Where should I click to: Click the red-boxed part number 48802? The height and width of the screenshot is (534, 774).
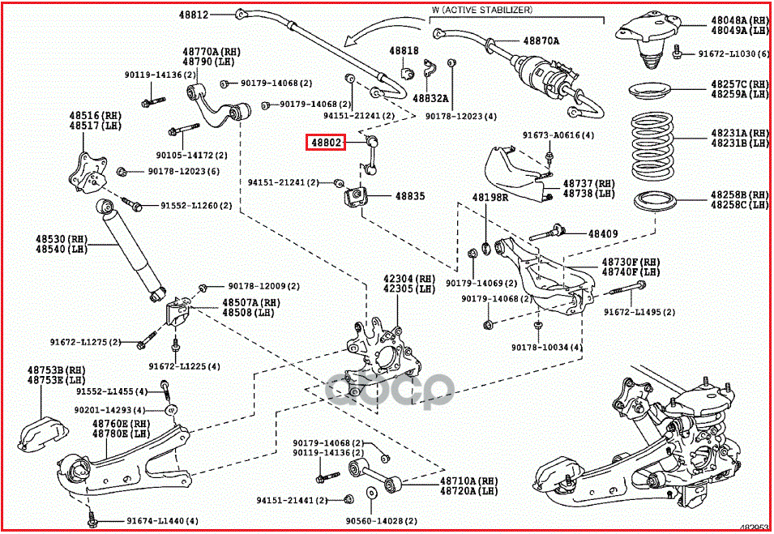coord(325,143)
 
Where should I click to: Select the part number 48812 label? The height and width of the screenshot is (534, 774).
coord(195,15)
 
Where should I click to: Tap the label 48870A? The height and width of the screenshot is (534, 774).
coord(541,40)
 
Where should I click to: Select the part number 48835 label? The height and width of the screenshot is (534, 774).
coord(410,196)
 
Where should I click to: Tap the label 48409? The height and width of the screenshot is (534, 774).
coord(603,233)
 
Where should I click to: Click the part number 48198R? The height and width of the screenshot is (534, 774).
coord(490,197)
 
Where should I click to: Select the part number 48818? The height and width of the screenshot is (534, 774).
coord(404,50)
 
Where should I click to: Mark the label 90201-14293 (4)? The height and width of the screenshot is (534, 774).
coord(109,410)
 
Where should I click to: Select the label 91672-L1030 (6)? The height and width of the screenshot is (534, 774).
coord(734,53)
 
